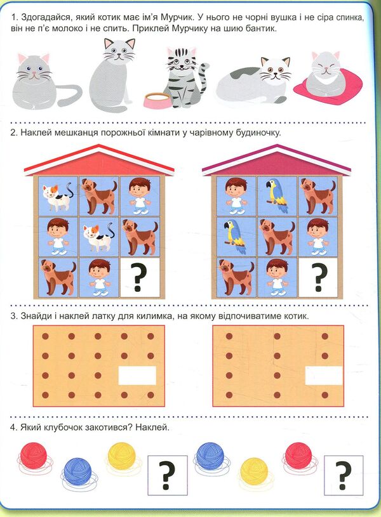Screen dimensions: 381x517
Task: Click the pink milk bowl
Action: click(158, 101)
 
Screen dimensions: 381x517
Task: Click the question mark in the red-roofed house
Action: click(140, 277)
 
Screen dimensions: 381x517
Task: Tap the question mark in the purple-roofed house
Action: click(319, 277)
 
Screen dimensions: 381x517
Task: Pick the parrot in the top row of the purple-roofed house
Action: click(277, 195)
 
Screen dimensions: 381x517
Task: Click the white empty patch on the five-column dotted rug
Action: click(137, 375)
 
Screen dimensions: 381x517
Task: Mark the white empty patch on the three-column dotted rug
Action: click(324, 376)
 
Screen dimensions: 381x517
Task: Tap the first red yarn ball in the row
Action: click(34, 457)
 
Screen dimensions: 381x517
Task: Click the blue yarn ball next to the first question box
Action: click(210, 458)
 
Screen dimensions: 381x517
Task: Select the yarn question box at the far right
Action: click(344, 475)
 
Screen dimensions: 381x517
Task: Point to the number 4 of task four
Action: click(13, 428)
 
